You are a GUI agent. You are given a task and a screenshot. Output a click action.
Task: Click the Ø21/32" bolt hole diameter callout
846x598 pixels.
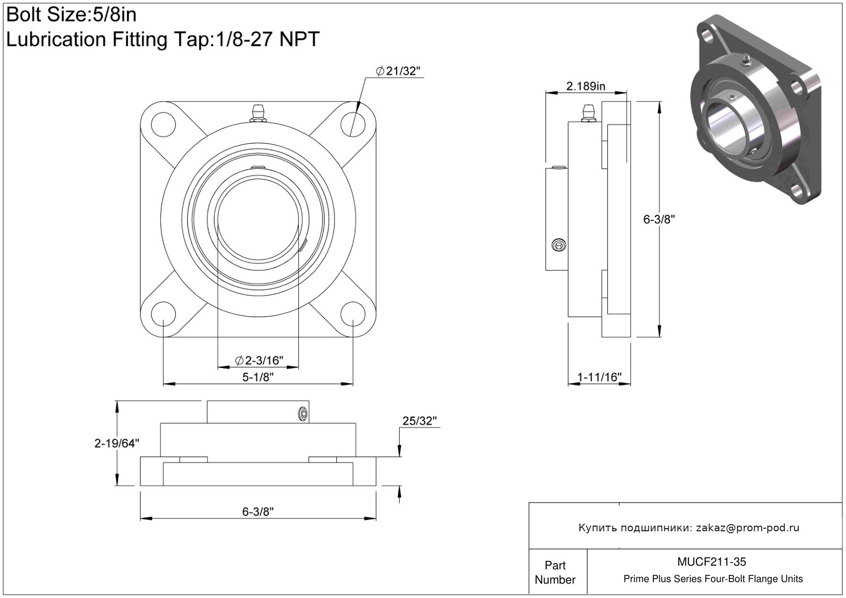click(398, 71)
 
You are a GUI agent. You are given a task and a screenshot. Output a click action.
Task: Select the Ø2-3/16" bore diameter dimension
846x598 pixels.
click(259, 360)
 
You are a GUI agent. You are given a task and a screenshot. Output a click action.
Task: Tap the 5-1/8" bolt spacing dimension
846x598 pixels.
click(258, 377)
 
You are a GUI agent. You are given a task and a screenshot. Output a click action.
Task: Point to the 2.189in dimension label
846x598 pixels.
click(586, 86)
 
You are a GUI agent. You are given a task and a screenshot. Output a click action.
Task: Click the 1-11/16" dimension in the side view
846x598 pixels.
click(599, 377)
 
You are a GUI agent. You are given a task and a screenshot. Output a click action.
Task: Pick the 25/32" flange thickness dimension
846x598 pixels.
click(420, 421)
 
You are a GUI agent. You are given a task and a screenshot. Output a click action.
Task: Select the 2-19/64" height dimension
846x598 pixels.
click(117, 443)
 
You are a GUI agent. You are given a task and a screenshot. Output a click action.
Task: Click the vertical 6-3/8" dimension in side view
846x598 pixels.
click(659, 219)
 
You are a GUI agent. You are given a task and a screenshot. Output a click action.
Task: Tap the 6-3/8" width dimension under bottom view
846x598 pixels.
click(258, 512)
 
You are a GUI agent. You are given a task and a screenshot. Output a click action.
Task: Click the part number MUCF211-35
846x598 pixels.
click(711, 562)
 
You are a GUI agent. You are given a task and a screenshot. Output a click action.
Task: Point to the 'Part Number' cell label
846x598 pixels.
click(555, 572)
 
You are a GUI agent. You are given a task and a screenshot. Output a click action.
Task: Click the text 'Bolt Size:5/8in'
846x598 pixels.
click(71, 15)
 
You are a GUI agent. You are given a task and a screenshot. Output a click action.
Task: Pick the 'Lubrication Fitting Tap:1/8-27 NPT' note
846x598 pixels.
click(163, 39)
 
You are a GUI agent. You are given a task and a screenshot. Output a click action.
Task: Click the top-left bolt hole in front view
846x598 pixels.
click(163, 124)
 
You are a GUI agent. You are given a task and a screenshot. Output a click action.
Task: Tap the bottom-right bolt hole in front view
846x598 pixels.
click(353, 314)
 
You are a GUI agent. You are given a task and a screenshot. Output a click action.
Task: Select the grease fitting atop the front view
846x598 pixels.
click(258, 113)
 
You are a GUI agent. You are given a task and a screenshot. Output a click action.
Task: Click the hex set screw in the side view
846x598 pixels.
click(558, 245)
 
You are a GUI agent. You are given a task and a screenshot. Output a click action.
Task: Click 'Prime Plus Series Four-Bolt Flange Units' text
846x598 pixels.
click(713, 578)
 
